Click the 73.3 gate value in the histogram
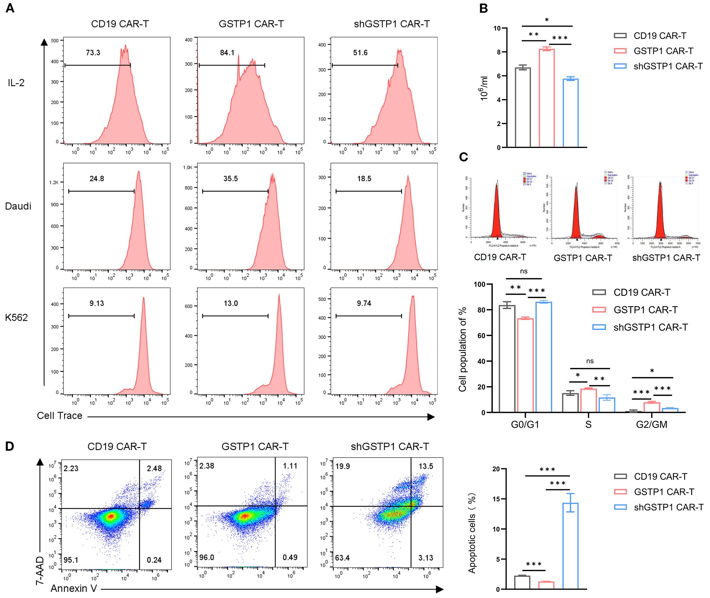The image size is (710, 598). point(93,53)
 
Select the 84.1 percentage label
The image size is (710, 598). point(227,53)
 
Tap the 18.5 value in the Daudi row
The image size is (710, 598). point(364,179)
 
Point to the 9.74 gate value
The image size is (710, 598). point(364,303)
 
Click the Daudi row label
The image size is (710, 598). point(18,206)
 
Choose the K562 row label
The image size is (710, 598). point(16,318)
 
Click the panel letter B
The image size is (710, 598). point(483,8)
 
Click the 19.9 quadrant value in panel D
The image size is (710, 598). point(342,466)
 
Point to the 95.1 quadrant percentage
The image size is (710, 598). point(71,560)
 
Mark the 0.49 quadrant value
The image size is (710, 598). point(290,557)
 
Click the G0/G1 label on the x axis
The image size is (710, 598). point(525,424)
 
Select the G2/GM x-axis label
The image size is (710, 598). point(652,424)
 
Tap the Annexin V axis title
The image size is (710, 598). point(74,588)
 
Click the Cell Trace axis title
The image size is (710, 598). point(59,416)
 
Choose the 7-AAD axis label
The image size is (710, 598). point(40,570)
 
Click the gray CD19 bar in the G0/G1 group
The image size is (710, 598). point(507,358)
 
